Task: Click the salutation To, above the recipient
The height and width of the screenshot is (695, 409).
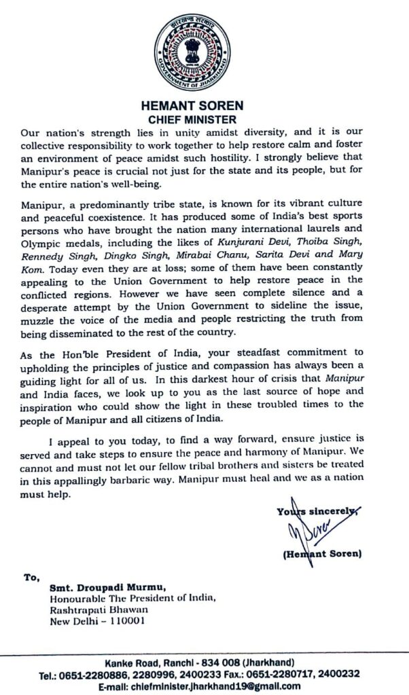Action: (32, 578)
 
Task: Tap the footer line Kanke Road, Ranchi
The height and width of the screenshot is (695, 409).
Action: (204, 662)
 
